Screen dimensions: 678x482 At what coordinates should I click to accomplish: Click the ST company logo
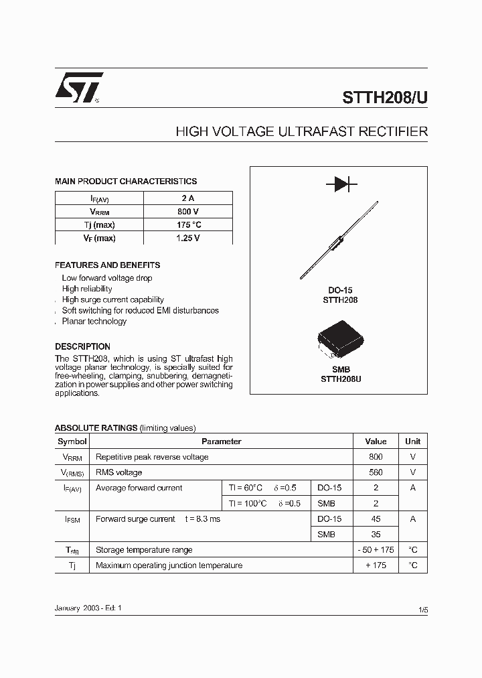click(x=78, y=87)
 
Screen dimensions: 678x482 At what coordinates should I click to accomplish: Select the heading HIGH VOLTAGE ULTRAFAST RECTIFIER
click(x=301, y=132)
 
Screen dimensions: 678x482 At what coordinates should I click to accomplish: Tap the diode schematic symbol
click(x=341, y=184)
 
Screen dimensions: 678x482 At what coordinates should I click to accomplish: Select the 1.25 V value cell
click(x=187, y=238)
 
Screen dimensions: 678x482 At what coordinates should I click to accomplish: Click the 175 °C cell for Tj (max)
click(x=187, y=224)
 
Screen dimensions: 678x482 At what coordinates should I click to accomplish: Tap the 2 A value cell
click(x=187, y=198)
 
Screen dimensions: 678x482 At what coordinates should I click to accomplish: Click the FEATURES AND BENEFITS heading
click(x=107, y=265)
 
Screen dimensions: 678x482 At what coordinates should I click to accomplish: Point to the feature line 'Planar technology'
click(x=94, y=322)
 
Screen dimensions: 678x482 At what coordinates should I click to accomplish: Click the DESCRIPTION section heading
click(x=82, y=347)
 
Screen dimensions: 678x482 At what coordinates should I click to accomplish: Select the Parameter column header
click(x=221, y=442)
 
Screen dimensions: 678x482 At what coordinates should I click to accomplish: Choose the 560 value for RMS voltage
click(x=376, y=472)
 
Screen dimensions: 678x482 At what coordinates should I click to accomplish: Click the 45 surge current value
click(x=376, y=519)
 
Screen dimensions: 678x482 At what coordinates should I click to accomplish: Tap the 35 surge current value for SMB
click(x=376, y=535)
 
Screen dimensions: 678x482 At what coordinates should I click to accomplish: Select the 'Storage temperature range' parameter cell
click(x=144, y=550)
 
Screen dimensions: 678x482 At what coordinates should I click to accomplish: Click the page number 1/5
click(x=422, y=610)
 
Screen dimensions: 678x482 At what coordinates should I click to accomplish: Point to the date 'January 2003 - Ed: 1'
click(x=88, y=608)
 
